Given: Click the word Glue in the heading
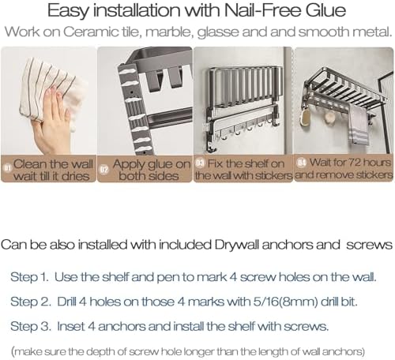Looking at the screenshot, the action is click(x=325, y=10).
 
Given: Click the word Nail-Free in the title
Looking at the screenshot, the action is click(x=262, y=10).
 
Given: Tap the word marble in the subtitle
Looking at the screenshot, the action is click(x=168, y=32).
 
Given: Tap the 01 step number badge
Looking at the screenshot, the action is click(x=8, y=168).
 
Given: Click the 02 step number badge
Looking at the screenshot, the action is click(x=103, y=169).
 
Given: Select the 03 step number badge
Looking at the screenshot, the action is click(x=200, y=163).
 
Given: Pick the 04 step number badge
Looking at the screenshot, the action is click(x=301, y=163).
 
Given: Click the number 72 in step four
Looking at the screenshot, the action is click(x=354, y=163).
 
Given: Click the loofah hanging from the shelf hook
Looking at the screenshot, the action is click(x=306, y=118).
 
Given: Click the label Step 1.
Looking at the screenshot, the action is click(x=29, y=277).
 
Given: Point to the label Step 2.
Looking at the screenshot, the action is click(x=31, y=302).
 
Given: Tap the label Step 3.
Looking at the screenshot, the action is click(x=31, y=327).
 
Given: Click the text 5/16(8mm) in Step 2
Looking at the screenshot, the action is click(x=285, y=302).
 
